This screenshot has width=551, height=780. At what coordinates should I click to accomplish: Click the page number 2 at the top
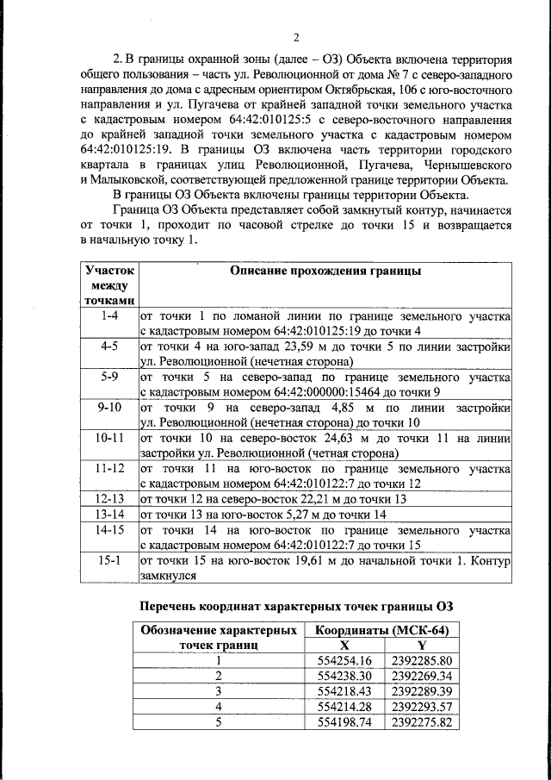[x=295, y=37]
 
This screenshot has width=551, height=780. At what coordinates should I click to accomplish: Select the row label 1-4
[x=109, y=315]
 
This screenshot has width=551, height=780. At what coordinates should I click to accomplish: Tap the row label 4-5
[x=109, y=346]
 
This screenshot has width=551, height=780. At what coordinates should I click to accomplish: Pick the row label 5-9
[x=109, y=377]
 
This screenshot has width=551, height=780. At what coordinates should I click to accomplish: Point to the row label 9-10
[x=109, y=407]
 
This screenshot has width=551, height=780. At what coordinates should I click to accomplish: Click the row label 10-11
[x=109, y=437]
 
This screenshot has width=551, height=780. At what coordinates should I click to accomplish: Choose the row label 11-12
[x=109, y=468]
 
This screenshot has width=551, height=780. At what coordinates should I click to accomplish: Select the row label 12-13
[x=109, y=499]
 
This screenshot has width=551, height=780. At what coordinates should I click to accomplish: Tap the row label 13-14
[x=109, y=515]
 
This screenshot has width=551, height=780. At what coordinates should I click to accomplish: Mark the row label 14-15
[x=109, y=530]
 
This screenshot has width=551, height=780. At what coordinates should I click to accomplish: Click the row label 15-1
[x=109, y=561]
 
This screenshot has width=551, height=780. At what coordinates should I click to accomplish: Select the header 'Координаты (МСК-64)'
[x=382, y=630]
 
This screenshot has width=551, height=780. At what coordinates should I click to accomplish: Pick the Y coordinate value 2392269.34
[x=421, y=676]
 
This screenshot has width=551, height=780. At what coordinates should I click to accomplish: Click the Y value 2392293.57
[x=421, y=707]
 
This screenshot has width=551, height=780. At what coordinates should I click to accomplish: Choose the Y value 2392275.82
[x=421, y=722]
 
